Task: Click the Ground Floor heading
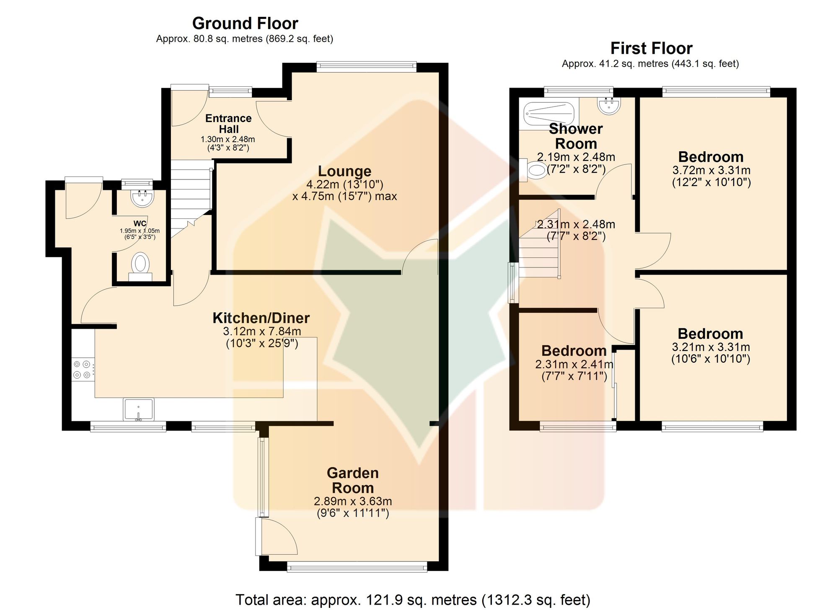245,23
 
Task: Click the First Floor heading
651,49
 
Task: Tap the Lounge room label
344,171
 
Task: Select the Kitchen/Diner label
261,318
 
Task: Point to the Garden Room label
353,480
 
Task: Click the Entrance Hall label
228,124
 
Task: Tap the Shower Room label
576,136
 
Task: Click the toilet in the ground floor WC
140,267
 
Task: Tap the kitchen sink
138,409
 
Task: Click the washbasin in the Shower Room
609,106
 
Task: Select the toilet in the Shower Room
533,170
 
